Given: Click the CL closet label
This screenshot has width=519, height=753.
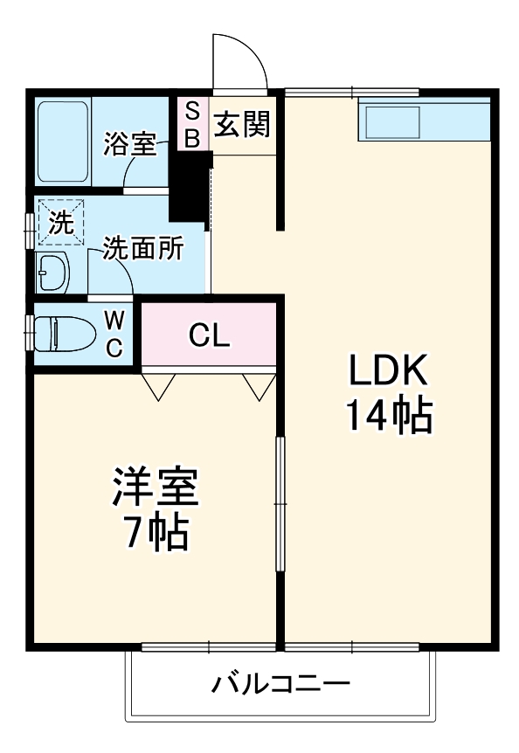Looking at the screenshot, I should click(x=210, y=335).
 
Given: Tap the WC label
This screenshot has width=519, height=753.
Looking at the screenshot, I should click(x=114, y=334).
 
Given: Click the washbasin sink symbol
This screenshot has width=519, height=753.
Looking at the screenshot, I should click(x=53, y=273).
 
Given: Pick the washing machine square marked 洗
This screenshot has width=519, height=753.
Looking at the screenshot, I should click(x=60, y=222).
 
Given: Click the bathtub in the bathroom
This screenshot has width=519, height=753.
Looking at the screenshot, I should click(x=62, y=142).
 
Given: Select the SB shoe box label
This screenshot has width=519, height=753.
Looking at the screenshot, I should click(x=193, y=125).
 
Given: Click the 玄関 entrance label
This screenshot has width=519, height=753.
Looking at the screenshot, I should click(x=242, y=125).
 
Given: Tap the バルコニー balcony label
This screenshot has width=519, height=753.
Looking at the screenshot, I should click(x=280, y=683).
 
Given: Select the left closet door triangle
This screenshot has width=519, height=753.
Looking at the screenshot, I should click(x=158, y=386).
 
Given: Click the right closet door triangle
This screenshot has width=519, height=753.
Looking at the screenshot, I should click(x=259, y=386).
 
